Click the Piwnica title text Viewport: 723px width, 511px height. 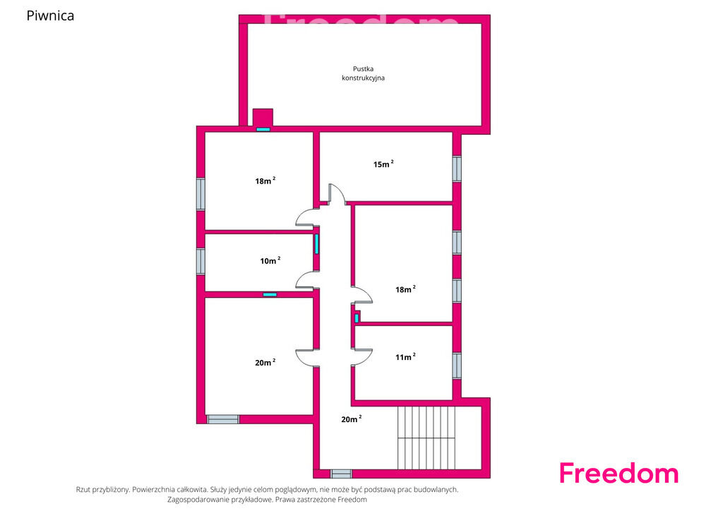point(50,16)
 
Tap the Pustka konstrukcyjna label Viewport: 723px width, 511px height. point(364,73)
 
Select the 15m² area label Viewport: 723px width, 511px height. point(383,164)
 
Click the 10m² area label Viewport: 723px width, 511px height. point(270,260)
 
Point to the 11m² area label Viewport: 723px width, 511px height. point(405,356)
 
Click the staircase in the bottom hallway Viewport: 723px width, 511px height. point(426,438)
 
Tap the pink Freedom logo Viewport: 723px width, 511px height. point(619,473)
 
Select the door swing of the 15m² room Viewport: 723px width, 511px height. point(337,193)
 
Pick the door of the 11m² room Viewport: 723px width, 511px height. point(362,357)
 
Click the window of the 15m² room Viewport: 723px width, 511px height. point(457,169)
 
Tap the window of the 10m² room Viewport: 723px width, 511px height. point(201,261)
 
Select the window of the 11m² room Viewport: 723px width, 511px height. point(457,366)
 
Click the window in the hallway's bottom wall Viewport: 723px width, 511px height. point(341,474)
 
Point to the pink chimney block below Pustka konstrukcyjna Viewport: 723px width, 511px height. point(263,117)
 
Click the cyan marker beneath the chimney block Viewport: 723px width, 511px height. point(263,129)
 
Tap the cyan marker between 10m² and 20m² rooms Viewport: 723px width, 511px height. point(270,294)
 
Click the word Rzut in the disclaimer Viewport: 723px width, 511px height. point(83,490)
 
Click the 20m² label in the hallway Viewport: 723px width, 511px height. point(352,419)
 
